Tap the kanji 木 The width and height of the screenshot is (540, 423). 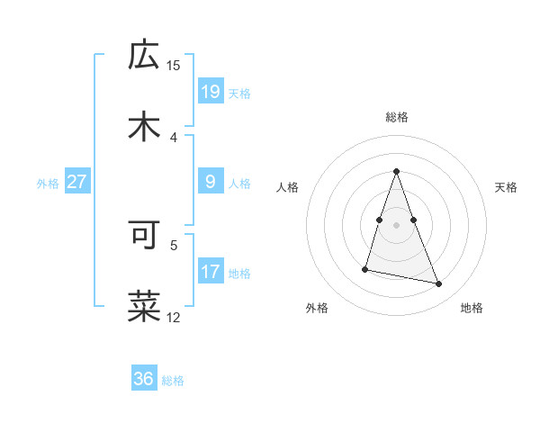point(144,126)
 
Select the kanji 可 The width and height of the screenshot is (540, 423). point(144,234)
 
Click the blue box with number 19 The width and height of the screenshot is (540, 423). point(210,91)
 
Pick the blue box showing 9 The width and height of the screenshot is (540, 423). point(210,182)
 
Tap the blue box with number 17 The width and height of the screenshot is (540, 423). point(210,272)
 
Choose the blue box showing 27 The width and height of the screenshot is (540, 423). point(77,182)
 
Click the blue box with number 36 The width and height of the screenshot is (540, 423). point(144,379)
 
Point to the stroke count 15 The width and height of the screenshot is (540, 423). point(174,65)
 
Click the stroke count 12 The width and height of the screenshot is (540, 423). point(174,317)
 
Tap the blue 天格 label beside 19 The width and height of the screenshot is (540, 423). point(239,93)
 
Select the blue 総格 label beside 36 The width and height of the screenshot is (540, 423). point(173,381)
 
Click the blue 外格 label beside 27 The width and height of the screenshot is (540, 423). point(48,184)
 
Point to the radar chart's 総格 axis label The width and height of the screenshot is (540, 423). point(397,117)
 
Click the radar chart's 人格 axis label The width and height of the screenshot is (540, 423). point(288,187)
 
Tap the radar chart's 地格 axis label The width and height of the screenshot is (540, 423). point(472,308)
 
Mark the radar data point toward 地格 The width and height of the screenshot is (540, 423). point(439,284)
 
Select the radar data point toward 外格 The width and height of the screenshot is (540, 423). point(365,268)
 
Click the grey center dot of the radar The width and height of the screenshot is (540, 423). point(396,223)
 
